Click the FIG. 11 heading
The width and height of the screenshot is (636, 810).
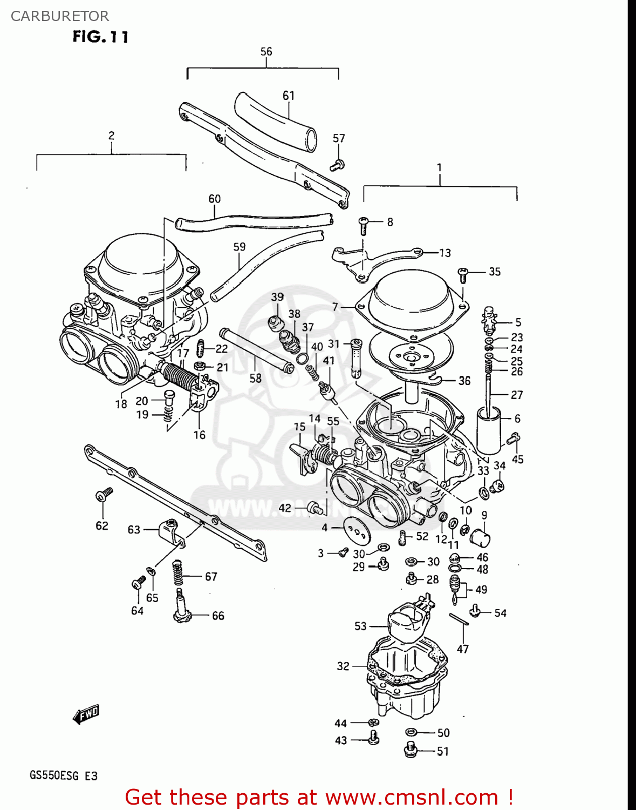(100, 37)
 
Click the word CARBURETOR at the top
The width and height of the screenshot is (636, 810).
(59, 16)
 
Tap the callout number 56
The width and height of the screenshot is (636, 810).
(266, 52)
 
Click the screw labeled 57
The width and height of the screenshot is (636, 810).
(337, 165)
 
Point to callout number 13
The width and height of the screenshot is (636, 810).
(444, 253)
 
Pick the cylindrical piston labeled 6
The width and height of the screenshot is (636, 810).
(489, 431)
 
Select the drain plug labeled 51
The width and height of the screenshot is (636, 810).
(412, 750)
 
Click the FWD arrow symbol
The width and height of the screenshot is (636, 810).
(86, 714)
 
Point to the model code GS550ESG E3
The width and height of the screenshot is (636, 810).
(64, 776)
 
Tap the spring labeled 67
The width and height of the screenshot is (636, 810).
(177, 572)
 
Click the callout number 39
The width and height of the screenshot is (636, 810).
(277, 297)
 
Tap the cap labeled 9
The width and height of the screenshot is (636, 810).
(480, 537)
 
